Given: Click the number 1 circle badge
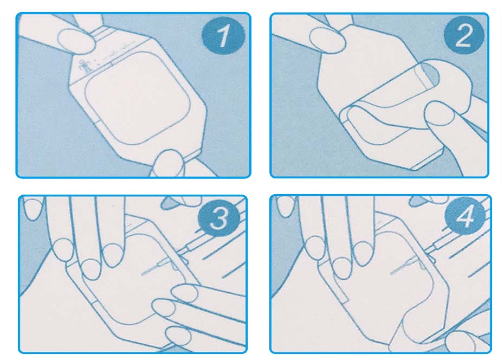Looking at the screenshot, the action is tap(223, 35).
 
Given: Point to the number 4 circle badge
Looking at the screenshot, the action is tap(465, 215).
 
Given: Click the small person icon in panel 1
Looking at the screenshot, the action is tap(84, 67).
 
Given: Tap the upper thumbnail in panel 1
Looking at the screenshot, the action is tap(76, 41).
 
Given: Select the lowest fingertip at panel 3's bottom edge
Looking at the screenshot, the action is tap(179, 337).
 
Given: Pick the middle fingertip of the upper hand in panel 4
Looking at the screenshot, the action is tap(341, 268).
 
